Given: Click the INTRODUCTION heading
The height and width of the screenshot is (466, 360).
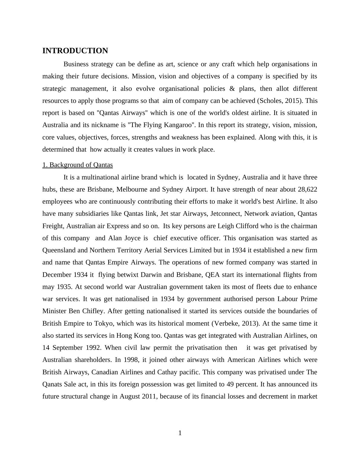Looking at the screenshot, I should coord(75,51).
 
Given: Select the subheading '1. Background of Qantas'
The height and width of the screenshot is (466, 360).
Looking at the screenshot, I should coord(77,165).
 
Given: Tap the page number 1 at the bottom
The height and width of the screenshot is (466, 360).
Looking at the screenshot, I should coord(180,433).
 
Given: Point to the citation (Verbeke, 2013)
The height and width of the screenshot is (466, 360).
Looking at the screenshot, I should coord(236,323).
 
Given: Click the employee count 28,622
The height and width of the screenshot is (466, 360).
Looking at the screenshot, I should coord(307,189).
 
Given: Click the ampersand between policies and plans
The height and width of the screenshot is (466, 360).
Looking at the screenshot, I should coord(232,89).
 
